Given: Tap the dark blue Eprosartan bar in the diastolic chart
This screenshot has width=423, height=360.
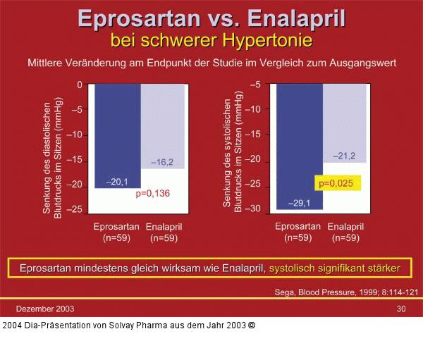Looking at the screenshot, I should pyautogui.click(x=117, y=134).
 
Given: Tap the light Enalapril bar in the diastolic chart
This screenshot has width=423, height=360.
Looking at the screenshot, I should pyautogui.click(x=164, y=123).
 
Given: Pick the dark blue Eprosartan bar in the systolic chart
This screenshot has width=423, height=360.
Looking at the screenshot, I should pyautogui.click(x=299, y=141).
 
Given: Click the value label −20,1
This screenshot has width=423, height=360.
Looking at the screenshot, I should pyautogui.click(x=117, y=182).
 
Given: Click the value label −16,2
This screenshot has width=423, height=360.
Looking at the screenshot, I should pyautogui.click(x=163, y=162).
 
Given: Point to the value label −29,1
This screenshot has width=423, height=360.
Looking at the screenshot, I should pyautogui.click(x=299, y=203).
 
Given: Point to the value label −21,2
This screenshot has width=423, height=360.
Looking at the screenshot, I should pyautogui.click(x=345, y=156).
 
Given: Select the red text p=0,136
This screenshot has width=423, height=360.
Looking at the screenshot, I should pyautogui.click(x=153, y=192).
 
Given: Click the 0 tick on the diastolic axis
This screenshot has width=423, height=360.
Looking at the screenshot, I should pyautogui.click(x=79, y=85).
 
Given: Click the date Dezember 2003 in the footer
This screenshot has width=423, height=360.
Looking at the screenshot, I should pyautogui.click(x=45, y=309).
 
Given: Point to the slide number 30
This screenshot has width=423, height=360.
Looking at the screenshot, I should pyautogui.click(x=400, y=309).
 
